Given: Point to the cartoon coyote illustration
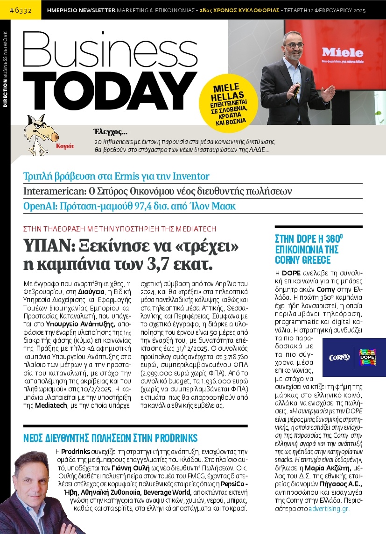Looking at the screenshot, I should point(37,133).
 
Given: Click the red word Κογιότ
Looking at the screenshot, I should point(67,146).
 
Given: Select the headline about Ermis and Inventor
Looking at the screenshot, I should point(116,176).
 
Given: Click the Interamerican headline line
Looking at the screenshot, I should point(157,191).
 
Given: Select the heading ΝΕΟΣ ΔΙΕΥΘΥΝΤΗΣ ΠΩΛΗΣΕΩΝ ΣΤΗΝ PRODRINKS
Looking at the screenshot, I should point(110,438).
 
